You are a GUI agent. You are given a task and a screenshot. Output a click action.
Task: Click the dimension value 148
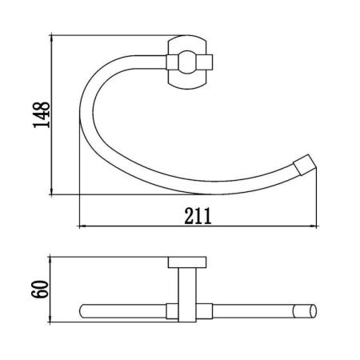tap(42, 115)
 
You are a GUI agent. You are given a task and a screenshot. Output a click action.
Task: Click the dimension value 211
tap(198, 216)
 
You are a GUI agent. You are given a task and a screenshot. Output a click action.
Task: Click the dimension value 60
tap(41, 290)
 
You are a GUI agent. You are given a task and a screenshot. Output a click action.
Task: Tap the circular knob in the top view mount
tap(187, 62)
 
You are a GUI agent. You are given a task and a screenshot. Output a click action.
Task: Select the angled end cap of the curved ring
tap(305, 165)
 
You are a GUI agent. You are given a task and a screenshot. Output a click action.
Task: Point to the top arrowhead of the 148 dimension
tap(51, 38)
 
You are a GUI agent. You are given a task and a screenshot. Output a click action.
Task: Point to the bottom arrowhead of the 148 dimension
tap(51, 191)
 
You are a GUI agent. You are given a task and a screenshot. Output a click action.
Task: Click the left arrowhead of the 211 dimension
tap(82, 226)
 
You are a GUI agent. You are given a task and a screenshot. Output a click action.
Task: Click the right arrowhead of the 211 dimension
tap(314, 226)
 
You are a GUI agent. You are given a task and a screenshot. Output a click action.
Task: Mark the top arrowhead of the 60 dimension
tap(50, 260)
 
